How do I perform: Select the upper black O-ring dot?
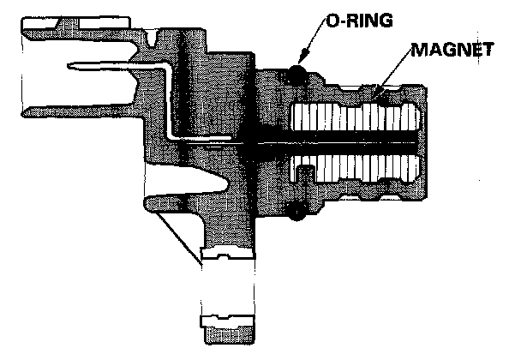(x=298, y=73)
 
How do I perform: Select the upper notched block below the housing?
(x=226, y=254)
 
